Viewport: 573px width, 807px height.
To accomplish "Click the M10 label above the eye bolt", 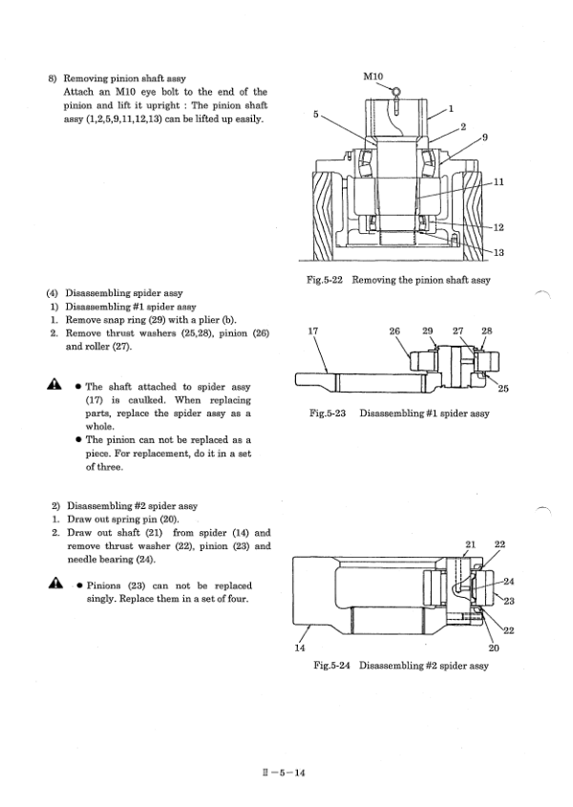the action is (372, 76).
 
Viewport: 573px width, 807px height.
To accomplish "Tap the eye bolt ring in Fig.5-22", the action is (396, 92).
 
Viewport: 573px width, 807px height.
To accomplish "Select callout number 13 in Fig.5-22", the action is (499, 252).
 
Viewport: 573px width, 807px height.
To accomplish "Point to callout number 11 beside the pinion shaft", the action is (499, 181).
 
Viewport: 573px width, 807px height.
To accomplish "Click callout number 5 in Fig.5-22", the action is (316, 115).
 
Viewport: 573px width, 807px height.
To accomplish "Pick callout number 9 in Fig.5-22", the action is (485, 137).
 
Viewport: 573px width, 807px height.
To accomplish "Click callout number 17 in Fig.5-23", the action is (313, 331).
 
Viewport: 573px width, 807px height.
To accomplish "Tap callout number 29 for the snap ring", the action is (427, 331).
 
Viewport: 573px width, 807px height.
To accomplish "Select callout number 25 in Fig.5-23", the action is (503, 389).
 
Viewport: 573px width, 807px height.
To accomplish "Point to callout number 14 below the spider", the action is (300, 648).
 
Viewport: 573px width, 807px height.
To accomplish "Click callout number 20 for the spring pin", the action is (493, 648).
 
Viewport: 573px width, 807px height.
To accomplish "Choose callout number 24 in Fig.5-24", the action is (509, 582).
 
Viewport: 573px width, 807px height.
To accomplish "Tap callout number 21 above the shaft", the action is (470, 544).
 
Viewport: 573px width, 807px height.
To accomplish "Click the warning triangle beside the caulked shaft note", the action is (53, 384).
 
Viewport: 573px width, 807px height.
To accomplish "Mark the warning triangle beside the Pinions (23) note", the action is (55, 583).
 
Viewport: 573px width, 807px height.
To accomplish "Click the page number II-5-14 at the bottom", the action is (283, 773).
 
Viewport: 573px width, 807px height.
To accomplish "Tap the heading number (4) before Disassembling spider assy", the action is (52, 293).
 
